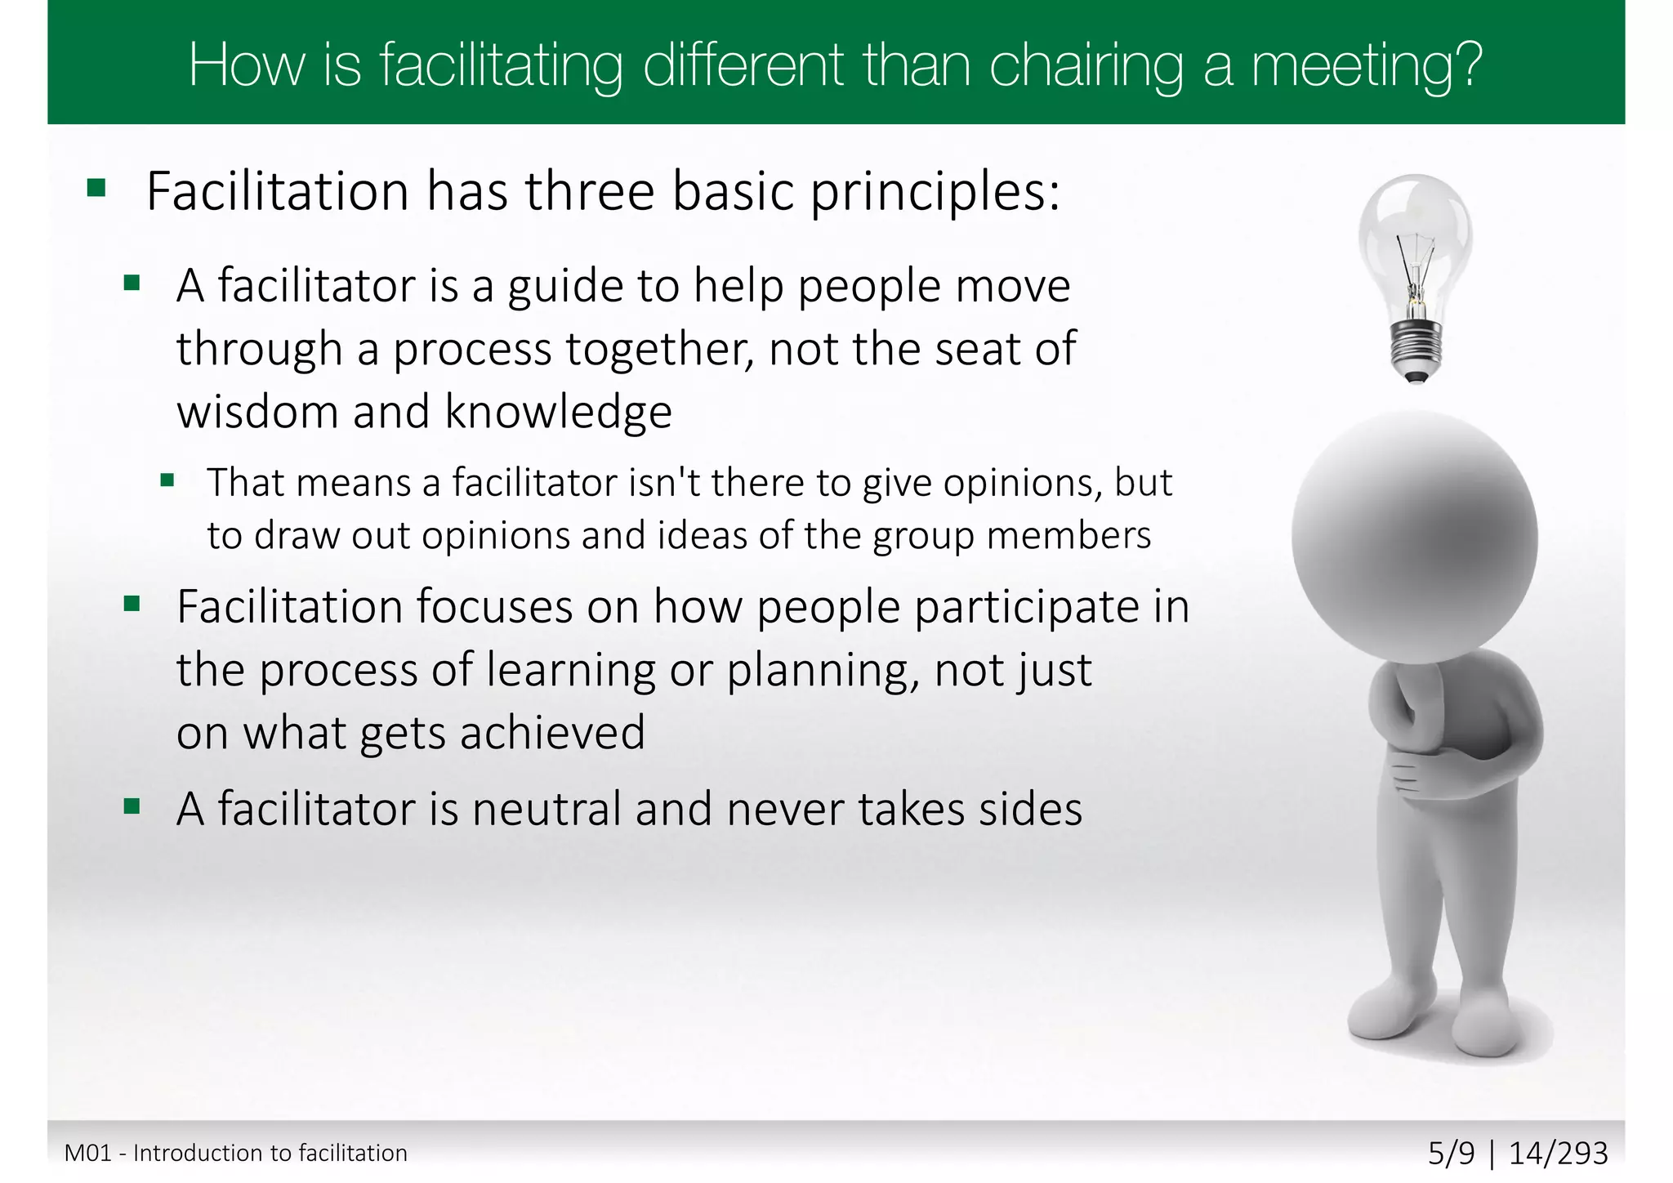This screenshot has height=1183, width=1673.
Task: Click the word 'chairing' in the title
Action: coord(1086,65)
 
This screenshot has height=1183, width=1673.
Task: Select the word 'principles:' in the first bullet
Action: coord(935,193)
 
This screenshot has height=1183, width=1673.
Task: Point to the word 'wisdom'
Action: coord(257,411)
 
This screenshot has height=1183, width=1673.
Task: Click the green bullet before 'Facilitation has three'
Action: coord(96,189)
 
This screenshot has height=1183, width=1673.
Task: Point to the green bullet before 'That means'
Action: coord(167,480)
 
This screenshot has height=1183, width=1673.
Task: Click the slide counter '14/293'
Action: coord(1558,1153)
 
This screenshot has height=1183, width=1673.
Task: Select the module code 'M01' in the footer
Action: coord(87,1153)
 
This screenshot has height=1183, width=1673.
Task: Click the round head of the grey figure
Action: coord(1414,535)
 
